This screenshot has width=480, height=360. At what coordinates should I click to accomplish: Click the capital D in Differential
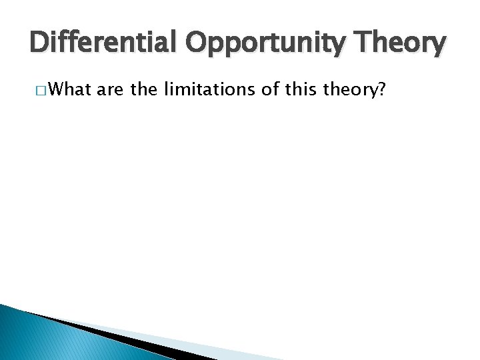pyautogui.click(x=41, y=44)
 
